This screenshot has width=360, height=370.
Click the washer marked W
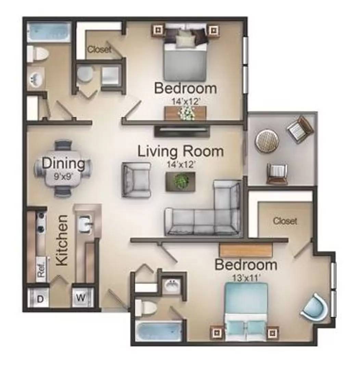click(x=80, y=297)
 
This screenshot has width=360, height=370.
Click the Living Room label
click(x=180, y=151)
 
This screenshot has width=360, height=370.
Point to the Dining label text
click(x=63, y=163)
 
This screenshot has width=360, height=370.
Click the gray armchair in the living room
click(x=136, y=180)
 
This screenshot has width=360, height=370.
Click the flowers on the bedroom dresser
click(x=186, y=113)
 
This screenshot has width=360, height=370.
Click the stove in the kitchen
click(x=40, y=223)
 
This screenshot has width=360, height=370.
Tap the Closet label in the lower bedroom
click(x=285, y=221)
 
